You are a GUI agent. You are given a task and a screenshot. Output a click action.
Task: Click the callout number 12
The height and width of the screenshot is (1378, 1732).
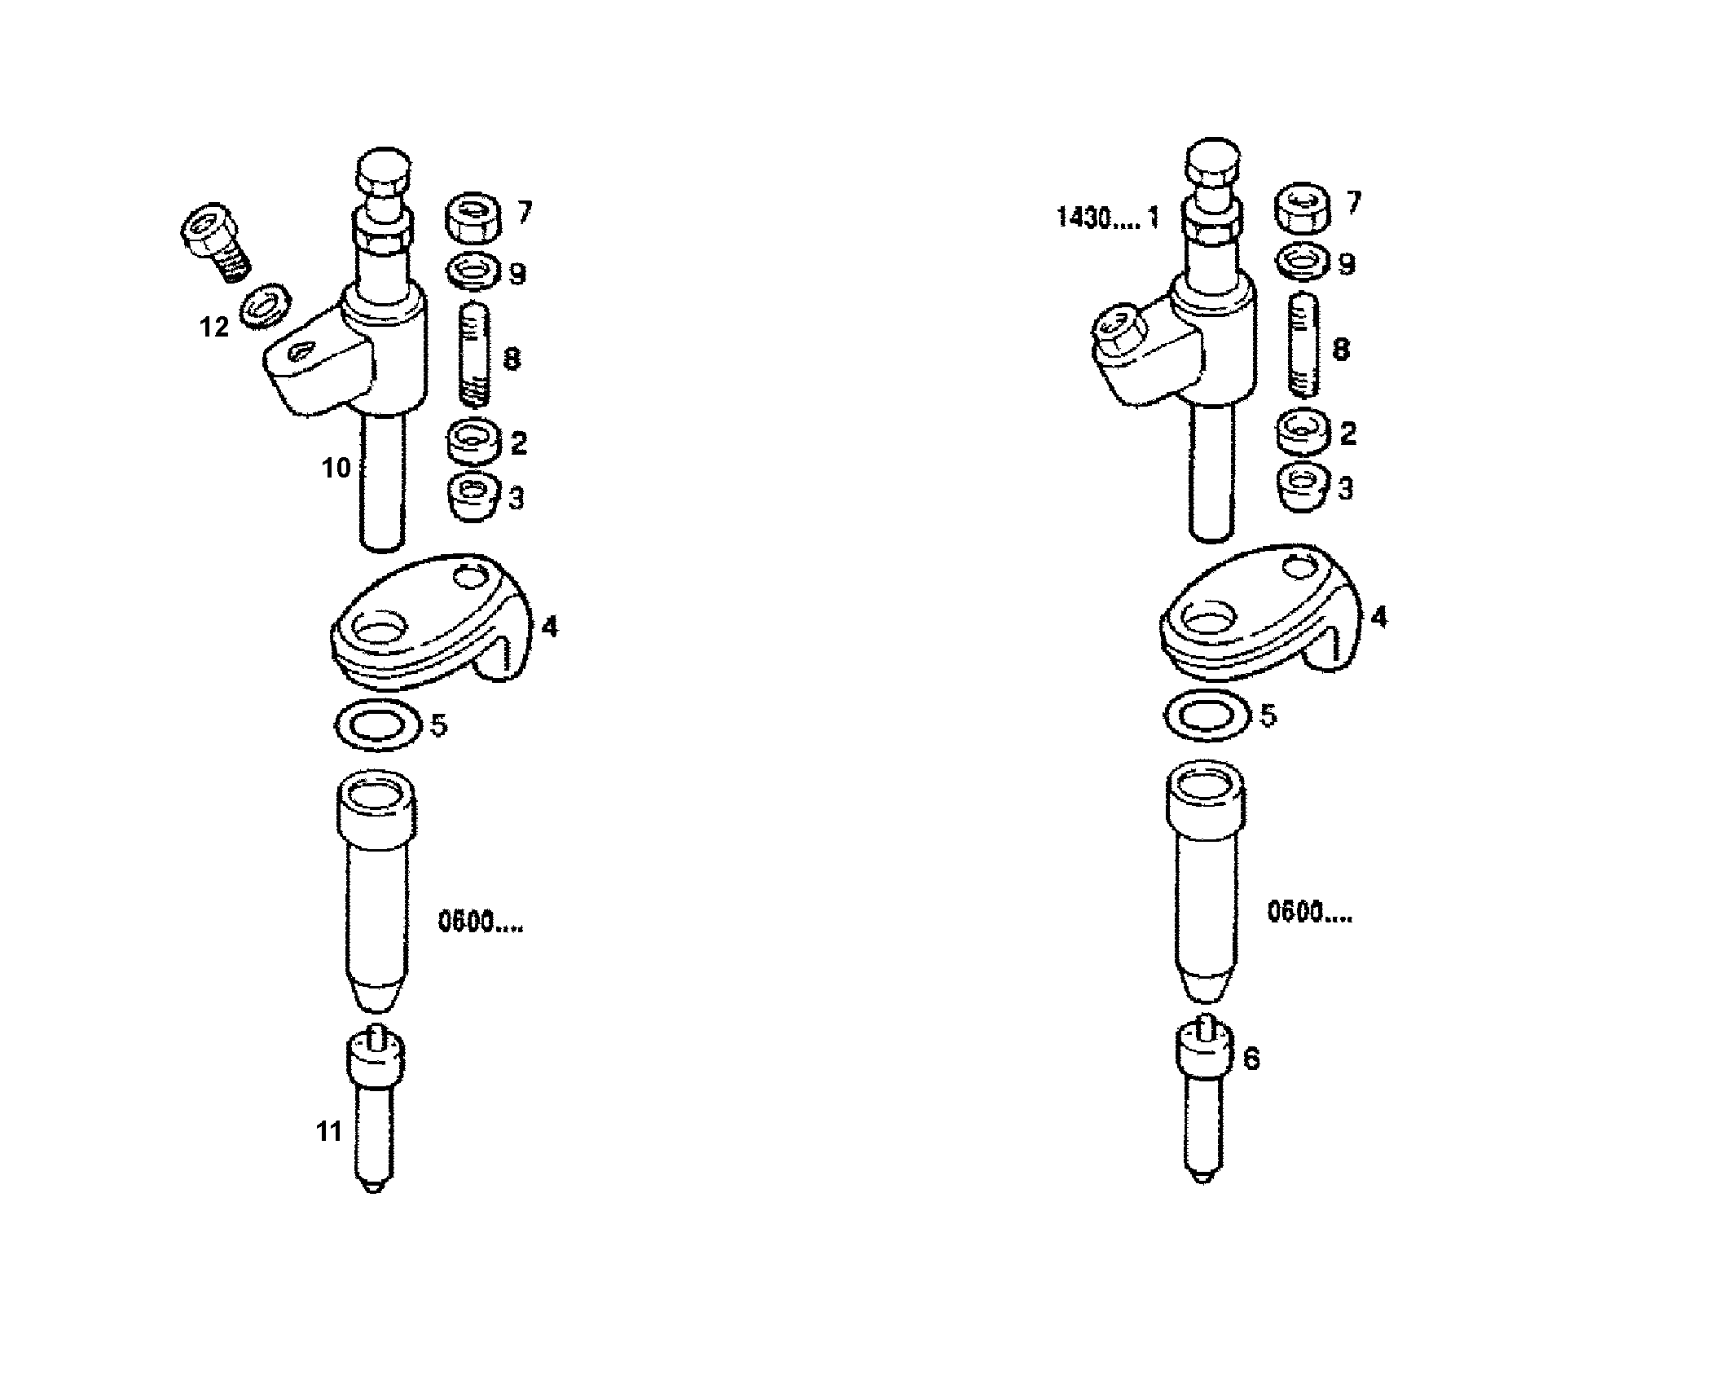coord(214,327)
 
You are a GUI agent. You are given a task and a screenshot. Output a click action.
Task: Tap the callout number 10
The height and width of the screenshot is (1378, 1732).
coord(336,468)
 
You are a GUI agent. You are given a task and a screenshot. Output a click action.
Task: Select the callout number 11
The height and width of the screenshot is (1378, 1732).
coord(329,1131)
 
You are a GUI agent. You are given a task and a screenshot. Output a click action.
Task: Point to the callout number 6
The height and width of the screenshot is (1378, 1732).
coord(1251,1059)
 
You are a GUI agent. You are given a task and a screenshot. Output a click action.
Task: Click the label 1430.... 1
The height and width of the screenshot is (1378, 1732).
coord(1107,218)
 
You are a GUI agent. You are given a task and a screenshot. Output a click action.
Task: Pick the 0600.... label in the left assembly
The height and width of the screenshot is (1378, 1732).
coord(481,923)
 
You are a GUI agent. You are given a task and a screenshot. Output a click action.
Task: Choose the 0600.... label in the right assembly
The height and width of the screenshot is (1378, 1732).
coord(1309,914)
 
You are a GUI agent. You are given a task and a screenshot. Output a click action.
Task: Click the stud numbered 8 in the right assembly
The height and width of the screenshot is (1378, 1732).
coord(1303,345)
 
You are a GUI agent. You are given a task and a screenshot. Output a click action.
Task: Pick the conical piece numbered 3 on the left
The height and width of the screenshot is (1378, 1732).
coord(473,495)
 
